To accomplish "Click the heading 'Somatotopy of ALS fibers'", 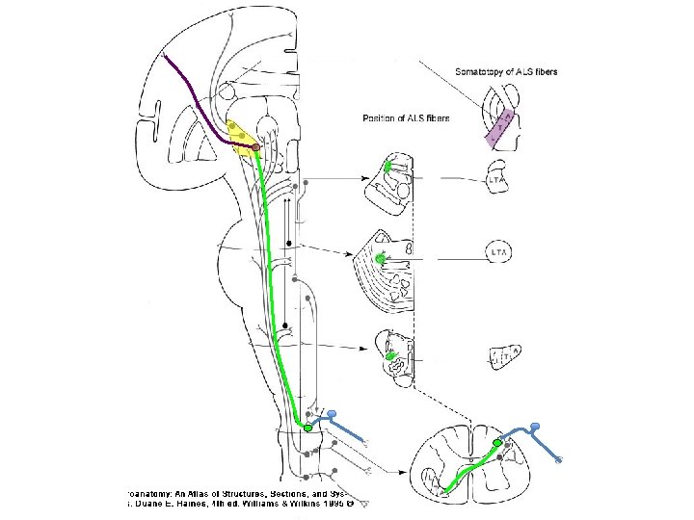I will (x=506, y=71).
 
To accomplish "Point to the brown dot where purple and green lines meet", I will (x=256, y=147).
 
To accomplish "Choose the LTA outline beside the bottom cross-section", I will (x=504, y=357).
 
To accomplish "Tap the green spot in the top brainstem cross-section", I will (x=388, y=167).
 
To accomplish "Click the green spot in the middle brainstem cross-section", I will (x=381, y=258).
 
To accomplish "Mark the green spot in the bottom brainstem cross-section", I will (x=391, y=356).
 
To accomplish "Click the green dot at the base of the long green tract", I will (x=307, y=427).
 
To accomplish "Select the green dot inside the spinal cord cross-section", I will (x=498, y=442).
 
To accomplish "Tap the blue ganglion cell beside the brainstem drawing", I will (x=333, y=415).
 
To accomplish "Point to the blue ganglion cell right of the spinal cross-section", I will (x=535, y=427).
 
